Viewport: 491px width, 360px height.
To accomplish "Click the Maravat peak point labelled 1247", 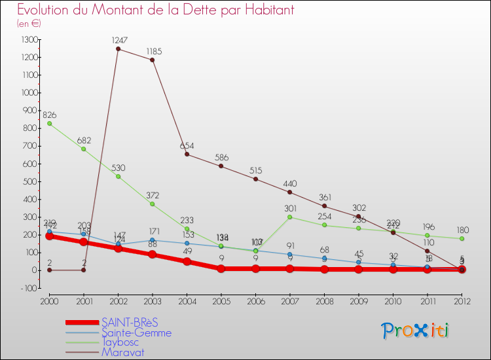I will click(x=118, y=48).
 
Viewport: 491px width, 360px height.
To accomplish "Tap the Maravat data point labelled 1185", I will click(x=153, y=60).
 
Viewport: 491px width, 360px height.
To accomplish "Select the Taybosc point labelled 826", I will click(x=49, y=123).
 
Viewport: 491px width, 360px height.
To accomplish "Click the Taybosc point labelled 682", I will click(x=84, y=149).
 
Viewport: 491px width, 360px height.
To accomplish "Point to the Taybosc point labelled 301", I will click(x=290, y=217).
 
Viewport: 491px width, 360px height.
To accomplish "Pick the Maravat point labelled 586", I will click(x=221, y=166).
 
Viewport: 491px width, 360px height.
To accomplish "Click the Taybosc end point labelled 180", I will click(x=462, y=238).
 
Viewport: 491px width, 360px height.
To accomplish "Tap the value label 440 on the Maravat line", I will click(x=290, y=184).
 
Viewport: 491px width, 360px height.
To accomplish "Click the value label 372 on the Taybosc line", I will click(x=153, y=196).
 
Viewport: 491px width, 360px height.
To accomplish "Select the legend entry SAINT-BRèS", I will click(x=130, y=322).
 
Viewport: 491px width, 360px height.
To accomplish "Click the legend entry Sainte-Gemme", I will click(x=136, y=333).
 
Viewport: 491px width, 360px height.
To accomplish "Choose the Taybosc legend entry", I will click(x=122, y=342).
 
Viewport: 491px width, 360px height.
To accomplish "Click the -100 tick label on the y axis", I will click(x=29, y=288).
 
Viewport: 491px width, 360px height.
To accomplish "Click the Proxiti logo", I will click(x=416, y=331).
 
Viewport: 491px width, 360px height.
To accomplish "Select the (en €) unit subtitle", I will click(x=29, y=24).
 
